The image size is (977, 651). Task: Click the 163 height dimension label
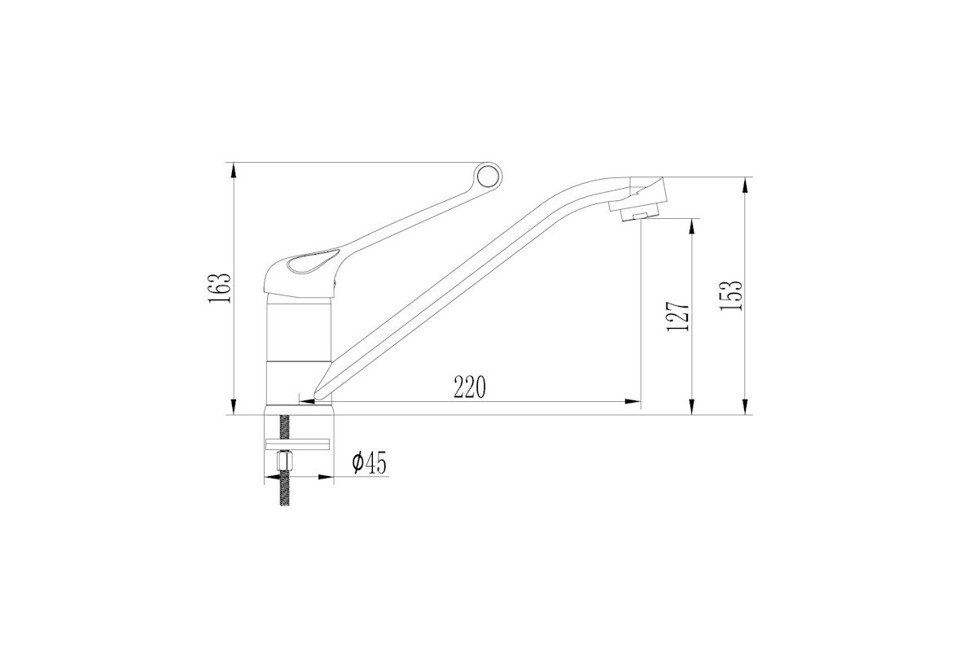219,289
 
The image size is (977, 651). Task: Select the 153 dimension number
730,295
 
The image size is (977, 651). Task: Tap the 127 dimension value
678,316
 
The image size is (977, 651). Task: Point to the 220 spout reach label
469,387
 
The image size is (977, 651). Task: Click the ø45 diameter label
370,463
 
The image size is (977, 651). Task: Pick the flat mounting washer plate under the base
299,444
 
